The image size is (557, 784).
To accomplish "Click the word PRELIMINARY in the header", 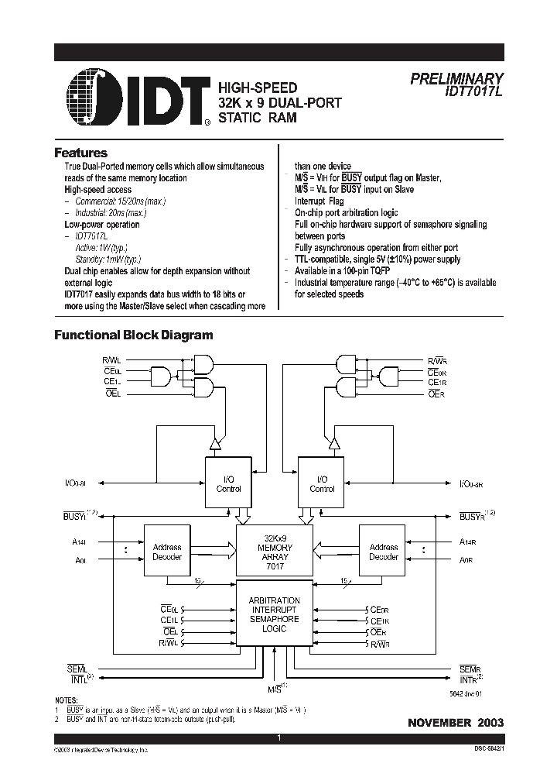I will click(x=456, y=78).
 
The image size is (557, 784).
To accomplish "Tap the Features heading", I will click(x=80, y=153).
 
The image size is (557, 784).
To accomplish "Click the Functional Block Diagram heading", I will click(x=133, y=335).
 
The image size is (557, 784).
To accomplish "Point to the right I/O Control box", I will click(x=322, y=483).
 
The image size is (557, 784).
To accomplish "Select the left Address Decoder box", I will click(x=167, y=552).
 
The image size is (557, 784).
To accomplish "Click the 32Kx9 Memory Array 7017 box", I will click(x=275, y=552).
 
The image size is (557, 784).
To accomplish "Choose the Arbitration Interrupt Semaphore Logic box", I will click(x=275, y=613).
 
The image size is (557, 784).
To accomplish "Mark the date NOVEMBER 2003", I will click(x=456, y=722).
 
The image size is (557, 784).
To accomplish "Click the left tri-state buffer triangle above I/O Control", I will click(x=216, y=444).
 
